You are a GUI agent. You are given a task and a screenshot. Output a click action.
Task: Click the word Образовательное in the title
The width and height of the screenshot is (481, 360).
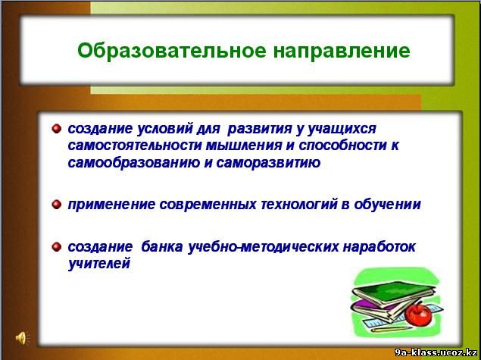(172, 50)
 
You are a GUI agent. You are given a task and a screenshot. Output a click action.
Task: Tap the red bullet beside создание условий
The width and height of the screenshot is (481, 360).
(57, 128)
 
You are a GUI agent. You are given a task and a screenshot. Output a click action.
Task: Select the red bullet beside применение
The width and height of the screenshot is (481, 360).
(57, 204)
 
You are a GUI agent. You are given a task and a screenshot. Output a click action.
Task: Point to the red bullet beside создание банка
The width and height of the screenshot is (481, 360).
(57, 246)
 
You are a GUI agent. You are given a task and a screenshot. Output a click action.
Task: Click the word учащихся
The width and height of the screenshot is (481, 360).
(342, 129)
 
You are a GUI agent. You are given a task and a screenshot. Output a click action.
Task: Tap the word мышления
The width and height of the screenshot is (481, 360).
(244, 146)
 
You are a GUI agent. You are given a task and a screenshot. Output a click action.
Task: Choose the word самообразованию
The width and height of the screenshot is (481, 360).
(133, 163)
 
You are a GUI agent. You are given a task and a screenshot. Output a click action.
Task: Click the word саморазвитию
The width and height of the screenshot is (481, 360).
(268, 163)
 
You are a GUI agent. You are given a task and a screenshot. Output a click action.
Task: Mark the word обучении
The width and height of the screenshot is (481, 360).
(387, 205)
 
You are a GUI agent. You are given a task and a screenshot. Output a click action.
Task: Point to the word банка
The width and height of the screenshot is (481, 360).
(162, 246)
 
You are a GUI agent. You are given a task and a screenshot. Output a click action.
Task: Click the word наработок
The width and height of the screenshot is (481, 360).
(379, 247)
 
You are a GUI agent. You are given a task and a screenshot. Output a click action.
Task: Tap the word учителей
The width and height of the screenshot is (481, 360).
(98, 264)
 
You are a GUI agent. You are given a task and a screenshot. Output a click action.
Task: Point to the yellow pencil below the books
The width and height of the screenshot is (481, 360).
(392, 330)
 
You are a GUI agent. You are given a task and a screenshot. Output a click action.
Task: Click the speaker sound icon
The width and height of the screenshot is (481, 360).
(22, 338)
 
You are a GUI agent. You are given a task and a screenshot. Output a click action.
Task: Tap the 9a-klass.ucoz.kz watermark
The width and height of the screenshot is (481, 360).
(436, 352)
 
